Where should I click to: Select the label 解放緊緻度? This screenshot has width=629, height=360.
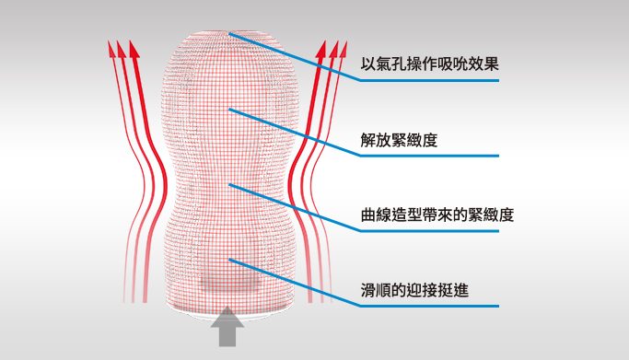399,142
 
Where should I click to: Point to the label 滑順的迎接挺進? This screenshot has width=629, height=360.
414,290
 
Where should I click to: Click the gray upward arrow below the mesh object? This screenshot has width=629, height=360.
226,329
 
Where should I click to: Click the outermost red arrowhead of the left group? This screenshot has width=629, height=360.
111,47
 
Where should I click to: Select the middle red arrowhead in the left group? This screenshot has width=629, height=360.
122,47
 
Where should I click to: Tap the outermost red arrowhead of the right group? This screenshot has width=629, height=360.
344,47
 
